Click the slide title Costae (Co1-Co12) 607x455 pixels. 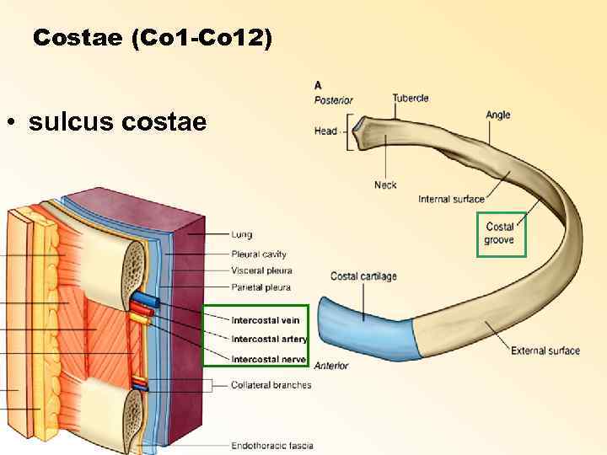point(153,39)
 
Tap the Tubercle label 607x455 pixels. point(411,98)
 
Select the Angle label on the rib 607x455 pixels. point(498,115)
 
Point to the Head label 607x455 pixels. point(325,131)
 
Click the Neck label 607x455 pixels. point(386,185)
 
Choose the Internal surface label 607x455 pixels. point(451,199)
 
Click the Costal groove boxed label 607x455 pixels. point(500,233)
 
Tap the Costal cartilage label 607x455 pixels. point(363,276)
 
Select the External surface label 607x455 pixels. point(545,351)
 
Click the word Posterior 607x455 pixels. point(333,100)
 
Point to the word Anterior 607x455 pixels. point(331,366)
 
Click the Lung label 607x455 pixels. point(242,234)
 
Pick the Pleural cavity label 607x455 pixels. point(259,254)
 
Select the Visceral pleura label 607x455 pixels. point(261,270)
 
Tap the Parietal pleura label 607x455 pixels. point(261,287)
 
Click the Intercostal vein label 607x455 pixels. point(266,320)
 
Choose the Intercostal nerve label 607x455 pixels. point(269,359)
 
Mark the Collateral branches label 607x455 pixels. point(271,385)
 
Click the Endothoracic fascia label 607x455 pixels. point(272,445)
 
